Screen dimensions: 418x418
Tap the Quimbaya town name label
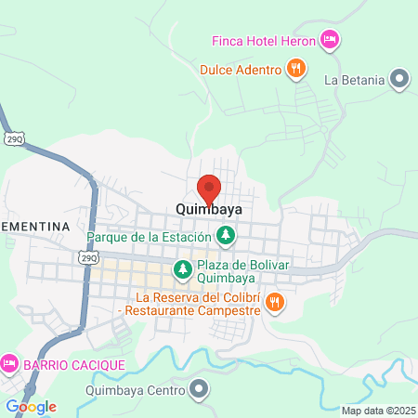[209, 210]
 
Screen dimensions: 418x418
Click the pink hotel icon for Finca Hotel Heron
[329, 39]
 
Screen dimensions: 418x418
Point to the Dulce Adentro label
[240, 69]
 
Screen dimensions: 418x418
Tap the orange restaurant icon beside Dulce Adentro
[295, 67]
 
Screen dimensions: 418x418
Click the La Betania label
[354, 80]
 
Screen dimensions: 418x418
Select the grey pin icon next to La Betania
[399, 79]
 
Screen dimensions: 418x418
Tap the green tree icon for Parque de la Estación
[224, 237]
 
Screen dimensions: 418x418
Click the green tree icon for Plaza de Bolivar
[183, 270]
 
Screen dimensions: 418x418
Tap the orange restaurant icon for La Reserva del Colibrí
[275, 301]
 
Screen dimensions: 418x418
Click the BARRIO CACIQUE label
[74, 363]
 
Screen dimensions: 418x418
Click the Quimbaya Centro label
[129, 391]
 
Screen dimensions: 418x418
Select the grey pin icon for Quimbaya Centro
[197, 391]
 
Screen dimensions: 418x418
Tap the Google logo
[32, 407]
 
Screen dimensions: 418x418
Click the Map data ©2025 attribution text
[377, 411]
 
